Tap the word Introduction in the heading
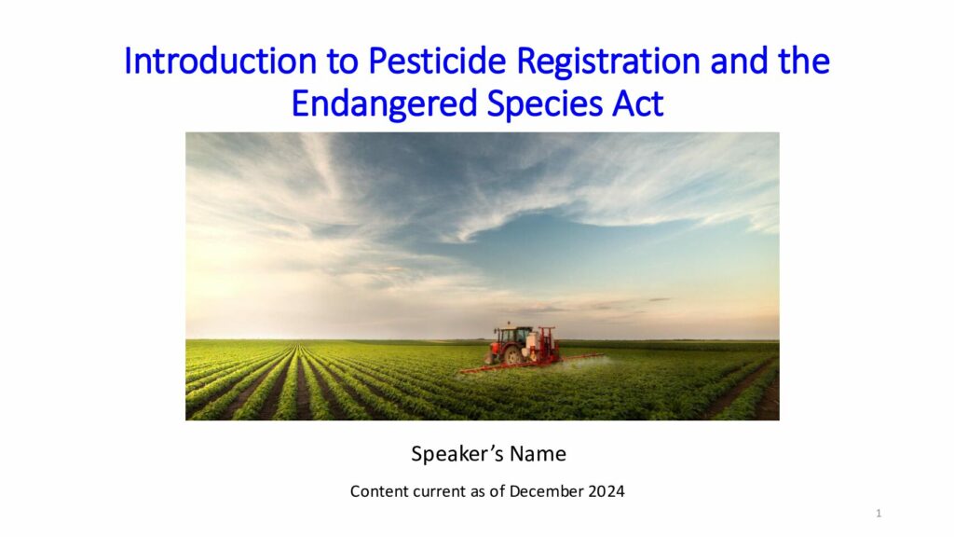tap(220, 61)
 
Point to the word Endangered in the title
tap(385, 104)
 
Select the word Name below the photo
tap(538, 454)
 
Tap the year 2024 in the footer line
tap(606, 491)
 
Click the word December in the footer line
tap(546, 491)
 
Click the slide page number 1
tap(879, 514)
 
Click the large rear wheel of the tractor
tap(513, 355)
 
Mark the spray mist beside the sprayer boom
tap(587, 363)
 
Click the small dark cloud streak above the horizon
tap(661, 299)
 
